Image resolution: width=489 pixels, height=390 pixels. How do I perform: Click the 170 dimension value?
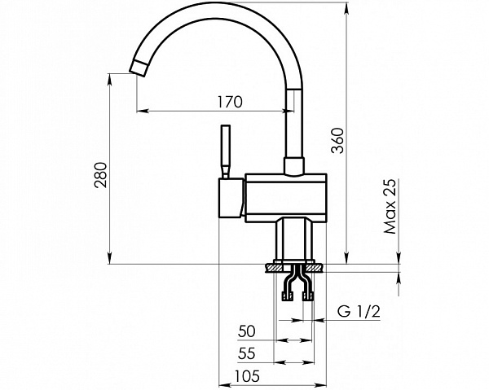[x=230, y=102]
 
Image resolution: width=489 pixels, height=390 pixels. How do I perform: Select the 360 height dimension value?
[x=337, y=141]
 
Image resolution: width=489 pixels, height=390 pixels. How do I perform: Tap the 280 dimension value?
[x=101, y=175]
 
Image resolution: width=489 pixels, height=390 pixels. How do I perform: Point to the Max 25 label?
[x=390, y=206]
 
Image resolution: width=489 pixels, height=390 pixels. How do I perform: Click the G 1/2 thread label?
[x=359, y=311]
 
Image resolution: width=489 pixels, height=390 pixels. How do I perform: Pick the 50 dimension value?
[x=246, y=331]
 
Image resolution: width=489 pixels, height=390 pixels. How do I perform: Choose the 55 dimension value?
[x=246, y=353]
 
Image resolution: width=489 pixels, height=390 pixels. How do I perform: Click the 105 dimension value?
[x=247, y=376]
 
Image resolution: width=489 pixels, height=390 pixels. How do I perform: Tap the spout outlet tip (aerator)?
[x=138, y=68]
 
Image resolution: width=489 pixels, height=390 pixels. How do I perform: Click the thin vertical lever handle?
[x=226, y=151]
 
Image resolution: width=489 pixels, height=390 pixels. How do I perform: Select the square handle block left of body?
[x=231, y=198]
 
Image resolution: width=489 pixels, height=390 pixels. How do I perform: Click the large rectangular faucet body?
[x=286, y=198]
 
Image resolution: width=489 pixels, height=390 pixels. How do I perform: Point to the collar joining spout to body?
[x=293, y=166]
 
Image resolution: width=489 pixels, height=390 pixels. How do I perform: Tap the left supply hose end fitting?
[x=288, y=296]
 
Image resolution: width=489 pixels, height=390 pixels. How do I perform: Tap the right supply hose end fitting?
[x=307, y=296]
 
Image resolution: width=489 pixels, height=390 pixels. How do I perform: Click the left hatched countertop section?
[x=273, y=268]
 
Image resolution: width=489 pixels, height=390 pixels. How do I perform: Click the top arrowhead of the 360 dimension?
[x=347, y=9]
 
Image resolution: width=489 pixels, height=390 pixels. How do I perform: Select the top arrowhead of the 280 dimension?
[x=109, y=81]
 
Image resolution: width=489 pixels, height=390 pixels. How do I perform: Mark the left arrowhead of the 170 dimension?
[x=143, y=111]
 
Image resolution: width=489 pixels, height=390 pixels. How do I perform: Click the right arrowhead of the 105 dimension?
[x=319, y=384]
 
